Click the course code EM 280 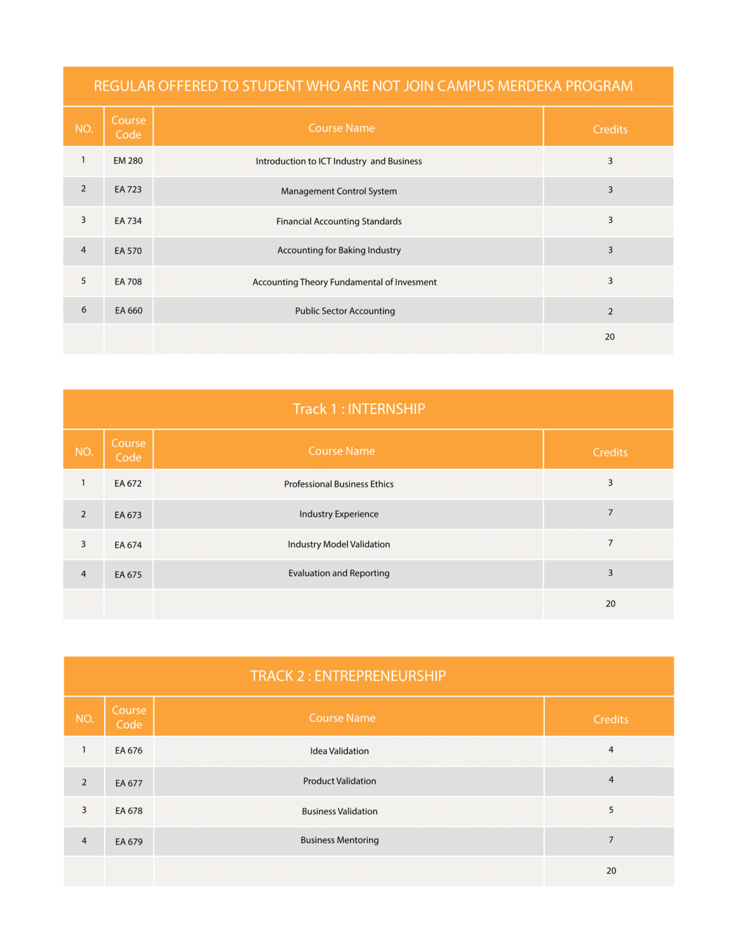click(128, 161)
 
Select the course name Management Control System click(339, 191)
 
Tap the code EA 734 click(128, 221)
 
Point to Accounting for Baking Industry click(339, 250)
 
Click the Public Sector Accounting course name click(345, 311)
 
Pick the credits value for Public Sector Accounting click(610, 311)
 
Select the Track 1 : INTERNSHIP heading click(359, 409)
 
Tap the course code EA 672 click(128, 483)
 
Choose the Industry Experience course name click(339, 514)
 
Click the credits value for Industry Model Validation click(610, 543)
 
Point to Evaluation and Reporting click(339, 573)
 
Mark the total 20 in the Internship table click(610, 603)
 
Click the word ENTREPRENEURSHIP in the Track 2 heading click(380, 676)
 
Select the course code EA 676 click(128, 750)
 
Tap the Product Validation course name click(339, 781)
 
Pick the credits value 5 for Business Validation click(610, 809)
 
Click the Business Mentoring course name click(339, 840)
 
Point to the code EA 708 click(128, 282)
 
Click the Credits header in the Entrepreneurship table click(610, 719)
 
